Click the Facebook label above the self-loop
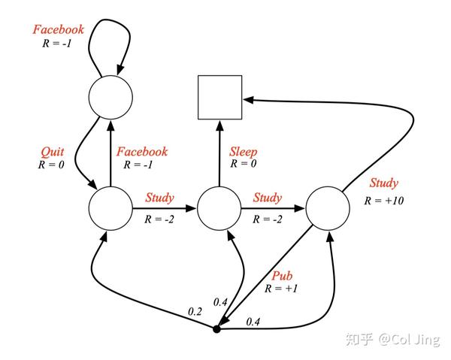click(x=58, y=30)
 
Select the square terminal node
click(x=219, y=98)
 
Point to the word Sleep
click(x=243, y=151)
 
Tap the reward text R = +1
click(x=282, y=287)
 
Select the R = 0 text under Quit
click(x=51, y=163)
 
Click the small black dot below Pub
click(x=216, y=329)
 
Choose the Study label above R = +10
click(x=383, y=183)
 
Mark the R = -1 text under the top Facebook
click(x=58, y=44)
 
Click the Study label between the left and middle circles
click(x=159, y=198)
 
